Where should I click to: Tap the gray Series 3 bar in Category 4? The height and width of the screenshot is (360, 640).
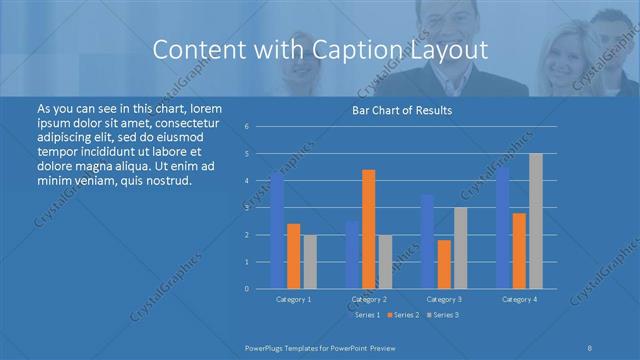point(536,221)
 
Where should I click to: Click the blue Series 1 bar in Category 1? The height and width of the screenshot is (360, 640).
point(277,231)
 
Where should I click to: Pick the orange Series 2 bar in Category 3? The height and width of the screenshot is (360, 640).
point(444,264)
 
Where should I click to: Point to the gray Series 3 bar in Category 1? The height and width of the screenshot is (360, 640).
point(310,261)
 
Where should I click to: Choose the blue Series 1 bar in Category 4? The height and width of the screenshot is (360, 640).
point(503,228)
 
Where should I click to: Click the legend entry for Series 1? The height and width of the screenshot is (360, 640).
point(365,315)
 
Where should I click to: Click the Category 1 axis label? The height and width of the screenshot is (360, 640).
point(293,299)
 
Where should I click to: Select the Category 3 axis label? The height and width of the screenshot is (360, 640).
point(444,299)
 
